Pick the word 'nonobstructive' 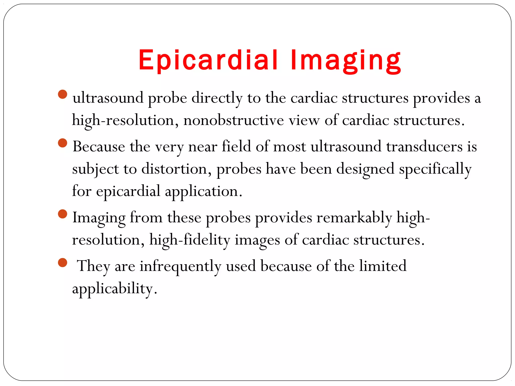pyautogui.click(x=234, y=120)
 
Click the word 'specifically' pyautogui.click(x=435, y=169)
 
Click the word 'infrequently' pyautogui.click(x=180, y=266)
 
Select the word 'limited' pyautogui.click(x=382, y=266)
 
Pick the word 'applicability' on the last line pyautogui.click(x=112, y=288)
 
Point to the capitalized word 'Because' pyautogui.click(x=99, y=147)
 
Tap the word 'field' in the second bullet pyautogui.click(x=236, y=146)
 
